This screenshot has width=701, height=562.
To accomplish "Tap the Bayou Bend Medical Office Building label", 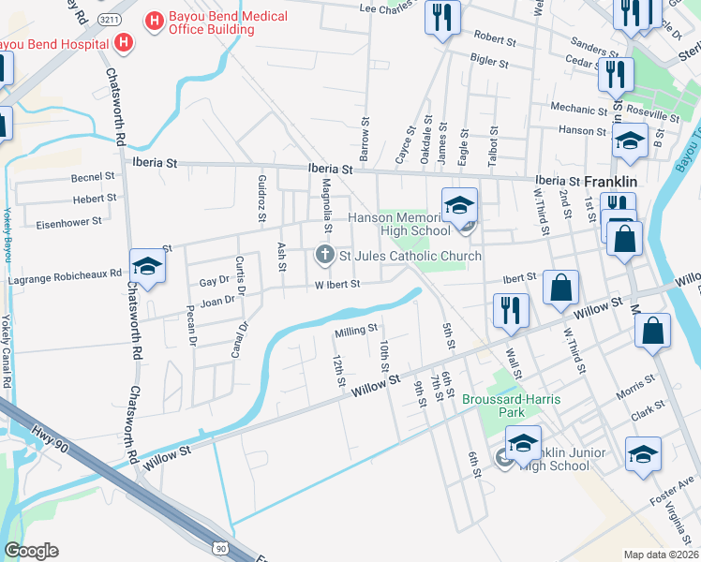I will coord(210,23).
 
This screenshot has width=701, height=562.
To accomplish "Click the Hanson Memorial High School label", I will coord(400,224).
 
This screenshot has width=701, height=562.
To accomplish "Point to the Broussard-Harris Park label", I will coord(512,406).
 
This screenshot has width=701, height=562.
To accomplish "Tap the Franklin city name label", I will coord(610,181).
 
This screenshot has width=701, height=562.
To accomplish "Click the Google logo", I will coord(31,551).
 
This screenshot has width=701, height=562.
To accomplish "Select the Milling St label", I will coord(356,330).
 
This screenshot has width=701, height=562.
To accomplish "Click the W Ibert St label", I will coord(337,285).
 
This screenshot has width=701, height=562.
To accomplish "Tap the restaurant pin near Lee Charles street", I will coord(441,17).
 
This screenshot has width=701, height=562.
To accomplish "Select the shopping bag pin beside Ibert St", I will coord(560,289).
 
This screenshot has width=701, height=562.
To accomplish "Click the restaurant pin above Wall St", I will coord(510,313).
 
